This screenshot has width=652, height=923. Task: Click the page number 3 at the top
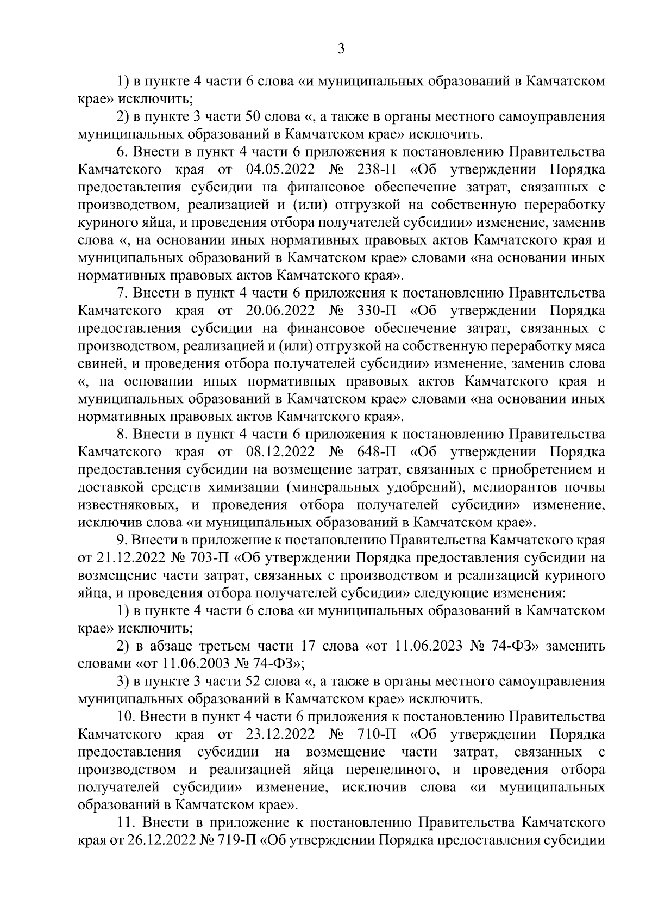coord(341,49)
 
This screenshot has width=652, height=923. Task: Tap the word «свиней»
coord(96,364)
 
